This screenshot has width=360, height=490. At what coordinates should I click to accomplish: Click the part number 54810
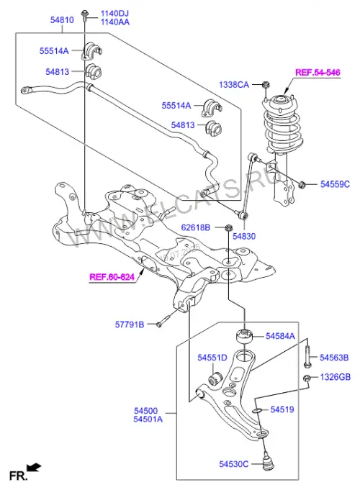click(x=62, y=20)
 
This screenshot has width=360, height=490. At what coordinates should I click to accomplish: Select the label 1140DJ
click(x=114, y=14)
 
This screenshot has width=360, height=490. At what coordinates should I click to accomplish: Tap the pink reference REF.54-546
click(x=318, y=73)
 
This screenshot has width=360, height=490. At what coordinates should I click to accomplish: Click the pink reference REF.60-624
click(x=112, y=277)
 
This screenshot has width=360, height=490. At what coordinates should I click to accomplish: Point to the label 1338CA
click(x=234, y=85)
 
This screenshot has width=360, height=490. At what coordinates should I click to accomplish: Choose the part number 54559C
click(x=335, y=184)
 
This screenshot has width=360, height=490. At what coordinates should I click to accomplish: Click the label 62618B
click(x=196, y=227)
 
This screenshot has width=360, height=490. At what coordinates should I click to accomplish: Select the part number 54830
click(x=244, y=237)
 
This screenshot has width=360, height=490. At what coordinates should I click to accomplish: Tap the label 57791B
click(x=130, y=325)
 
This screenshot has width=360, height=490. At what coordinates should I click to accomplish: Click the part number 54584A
click(x=280, y=336)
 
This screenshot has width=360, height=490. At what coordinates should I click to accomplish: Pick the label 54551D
click(x=212, y=358)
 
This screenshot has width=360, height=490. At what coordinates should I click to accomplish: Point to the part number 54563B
click(x=334, y=358)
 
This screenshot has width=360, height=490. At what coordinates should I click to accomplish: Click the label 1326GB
click(x=336, y=377)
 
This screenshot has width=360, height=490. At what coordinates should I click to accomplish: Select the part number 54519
click(x=282, y=409)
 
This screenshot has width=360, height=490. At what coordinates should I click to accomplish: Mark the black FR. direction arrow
click(x=34, y=468)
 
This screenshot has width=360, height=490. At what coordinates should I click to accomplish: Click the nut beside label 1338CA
click(x=266, y=84)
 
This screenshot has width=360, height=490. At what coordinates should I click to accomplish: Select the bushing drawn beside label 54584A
click(x=244, y=337)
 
